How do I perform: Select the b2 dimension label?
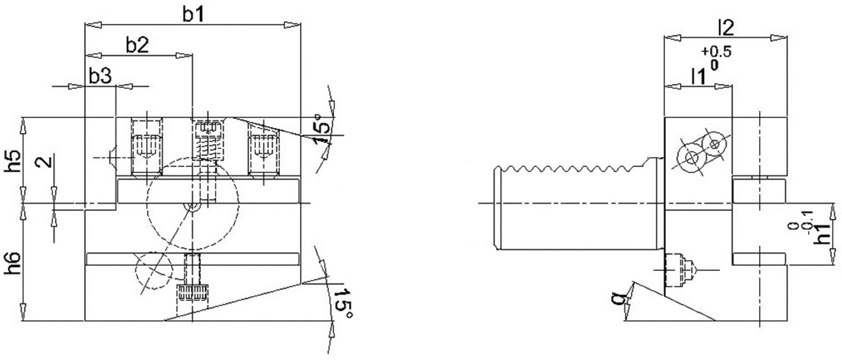137,45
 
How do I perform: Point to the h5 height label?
14,161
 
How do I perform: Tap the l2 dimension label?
726,28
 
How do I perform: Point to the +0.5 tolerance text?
716,52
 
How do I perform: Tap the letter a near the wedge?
618,299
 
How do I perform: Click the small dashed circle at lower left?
153,270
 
